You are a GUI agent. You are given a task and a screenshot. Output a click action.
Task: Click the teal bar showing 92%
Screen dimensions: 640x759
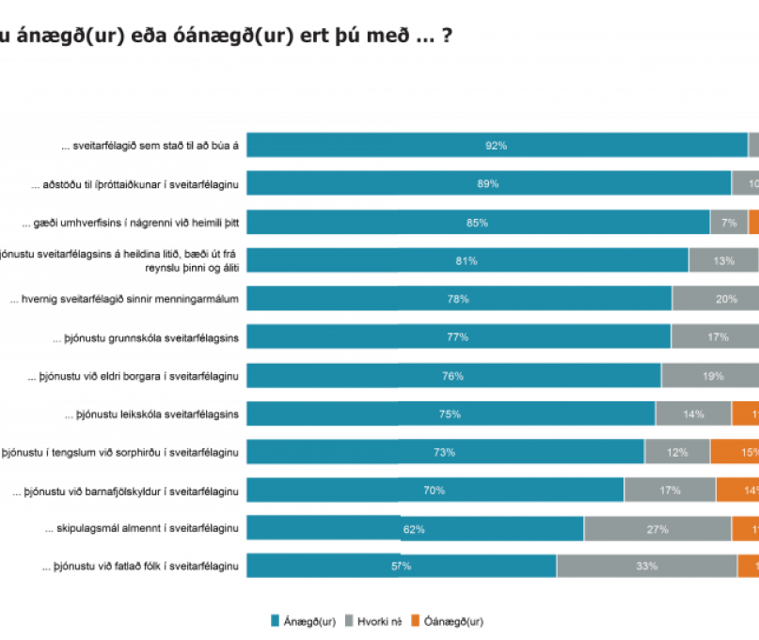[x=497, y=146]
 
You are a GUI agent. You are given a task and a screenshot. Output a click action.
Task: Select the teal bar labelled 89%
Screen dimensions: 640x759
[x=488, y=184]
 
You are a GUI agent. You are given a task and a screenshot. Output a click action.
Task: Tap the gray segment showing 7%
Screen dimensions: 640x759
[x=729, y=223]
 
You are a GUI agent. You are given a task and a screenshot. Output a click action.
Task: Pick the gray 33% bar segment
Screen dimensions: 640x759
[x=646, y=567]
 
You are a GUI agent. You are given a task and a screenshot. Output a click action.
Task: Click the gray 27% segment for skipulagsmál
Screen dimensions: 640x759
[x=657, y=529]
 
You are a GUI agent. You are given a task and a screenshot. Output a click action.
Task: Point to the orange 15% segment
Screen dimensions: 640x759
[x=735, y=452]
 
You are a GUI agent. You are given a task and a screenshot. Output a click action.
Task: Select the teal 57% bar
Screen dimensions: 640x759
[x=401, y=567]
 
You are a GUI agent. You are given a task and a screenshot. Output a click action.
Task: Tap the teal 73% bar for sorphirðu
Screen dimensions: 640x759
[x=445, y=452]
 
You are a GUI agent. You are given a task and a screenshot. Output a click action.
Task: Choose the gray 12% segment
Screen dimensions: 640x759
[x=677, y=452]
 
